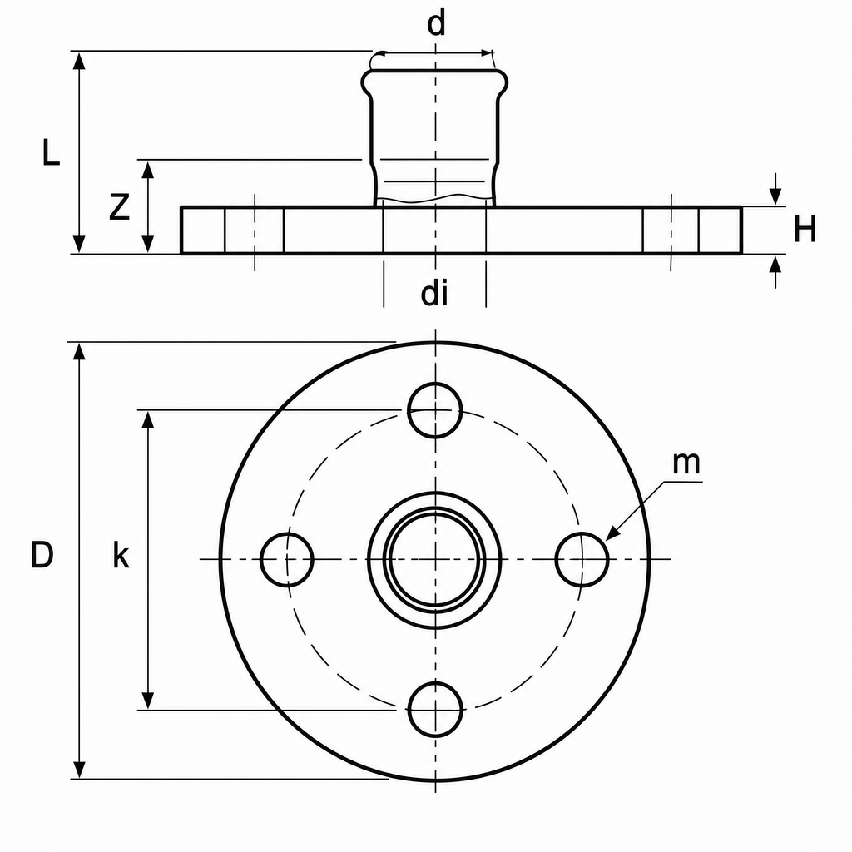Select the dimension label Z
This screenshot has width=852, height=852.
[x=119, y=207]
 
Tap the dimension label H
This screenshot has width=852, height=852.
[x=805, y=229]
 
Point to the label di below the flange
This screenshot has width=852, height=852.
[x=434, y=294]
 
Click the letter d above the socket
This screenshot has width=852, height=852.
[x=436, y=24]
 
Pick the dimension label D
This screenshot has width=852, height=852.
[x=42, y=555]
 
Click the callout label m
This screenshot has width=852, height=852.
[x=686, y=463]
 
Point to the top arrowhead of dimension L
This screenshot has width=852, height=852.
[x=79, y=60]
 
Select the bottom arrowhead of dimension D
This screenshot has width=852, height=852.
[x=79, y=770]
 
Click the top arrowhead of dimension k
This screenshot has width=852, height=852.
[x=148, y=420]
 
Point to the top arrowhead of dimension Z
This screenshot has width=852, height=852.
[x=148, y=170]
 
